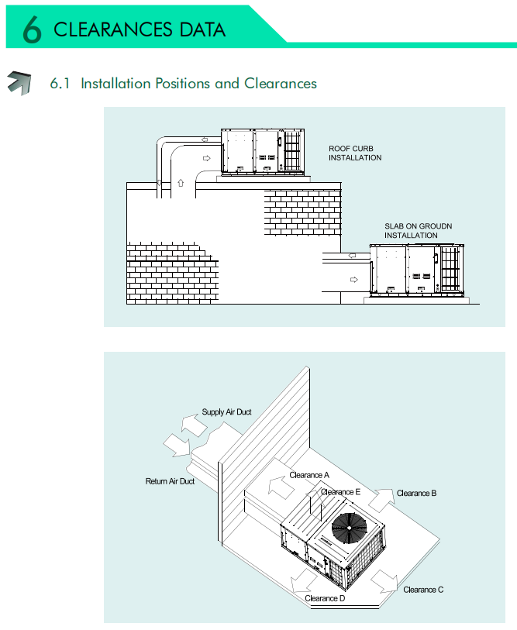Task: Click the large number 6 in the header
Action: click(31, 29)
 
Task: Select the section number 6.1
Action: click(60, 83)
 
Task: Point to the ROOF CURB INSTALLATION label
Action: click(355, 153)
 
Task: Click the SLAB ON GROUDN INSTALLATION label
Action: click(419, 230)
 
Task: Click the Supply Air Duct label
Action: click(226, 412)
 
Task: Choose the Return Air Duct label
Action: click(170, 481)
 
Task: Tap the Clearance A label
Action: click(309, 474)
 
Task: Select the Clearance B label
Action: click(417, 493)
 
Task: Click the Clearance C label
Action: click(423, 590)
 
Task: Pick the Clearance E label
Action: click(341, 491)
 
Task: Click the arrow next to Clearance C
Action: click(387, 582)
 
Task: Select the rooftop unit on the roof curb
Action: click(260, 150)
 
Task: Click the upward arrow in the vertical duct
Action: click(180, 183)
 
